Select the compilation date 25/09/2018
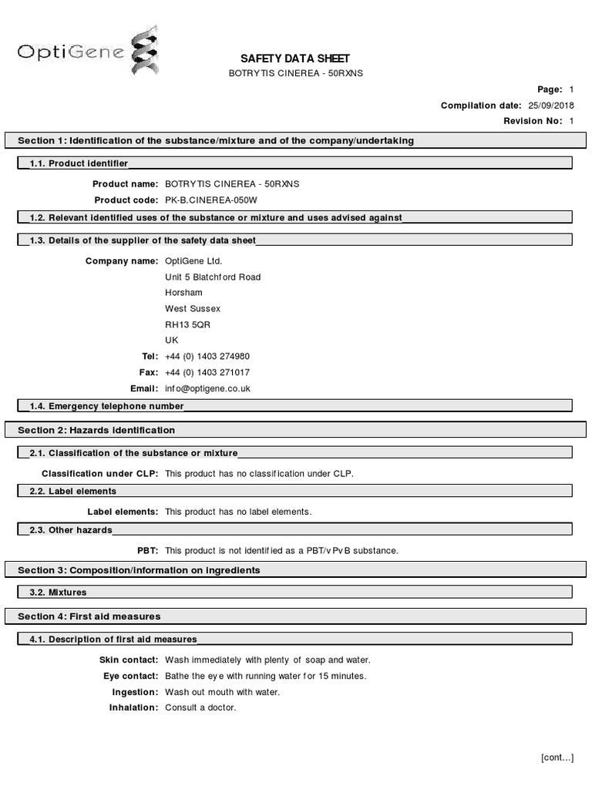pyautogui.click(x=551, y=106)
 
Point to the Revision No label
pyautogui.click(x=533, y=121)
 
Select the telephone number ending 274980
pyautogui.click(x=207, y=357)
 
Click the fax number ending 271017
pyautogui.click(x=207, y=373)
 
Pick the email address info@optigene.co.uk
pyautogui.click(x=207, y=389)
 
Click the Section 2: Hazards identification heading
pyautogui.click(x=96, y=430)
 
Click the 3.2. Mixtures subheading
pyautogui.click(x=58, y=593)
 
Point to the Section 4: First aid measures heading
pyautogui.click(x=89, y=616)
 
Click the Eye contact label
pyautogui.click(x=131, y=677)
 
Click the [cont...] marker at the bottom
pyautogui.click(x=557, y=757)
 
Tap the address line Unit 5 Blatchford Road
pyautogui.click(x=213, y=277)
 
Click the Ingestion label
pyautogui.click(x=136, y=692)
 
